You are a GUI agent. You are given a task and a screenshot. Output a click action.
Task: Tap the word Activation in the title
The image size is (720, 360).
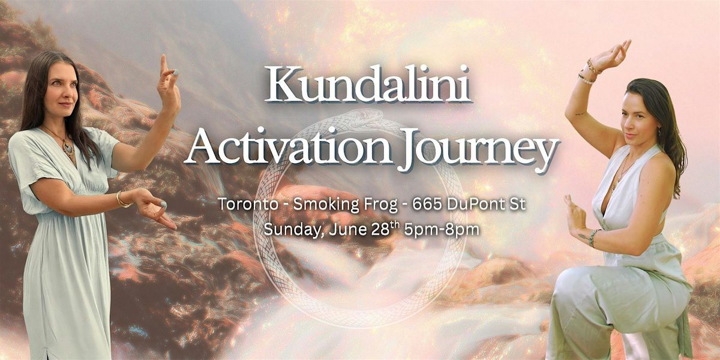click(287, 147)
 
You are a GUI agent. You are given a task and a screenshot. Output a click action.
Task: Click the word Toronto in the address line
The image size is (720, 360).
click(248, 204)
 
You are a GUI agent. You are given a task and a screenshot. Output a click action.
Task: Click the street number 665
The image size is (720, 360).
click(427, 204)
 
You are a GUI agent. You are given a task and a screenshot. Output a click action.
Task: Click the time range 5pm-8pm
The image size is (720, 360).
click(442, 230)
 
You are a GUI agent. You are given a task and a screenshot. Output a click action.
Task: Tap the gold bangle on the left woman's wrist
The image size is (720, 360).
click(122, 200)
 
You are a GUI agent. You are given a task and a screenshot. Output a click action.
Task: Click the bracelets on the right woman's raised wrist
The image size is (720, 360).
click(589, 72)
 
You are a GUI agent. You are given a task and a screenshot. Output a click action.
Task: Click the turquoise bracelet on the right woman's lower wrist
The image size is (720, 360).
click(594, 237)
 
